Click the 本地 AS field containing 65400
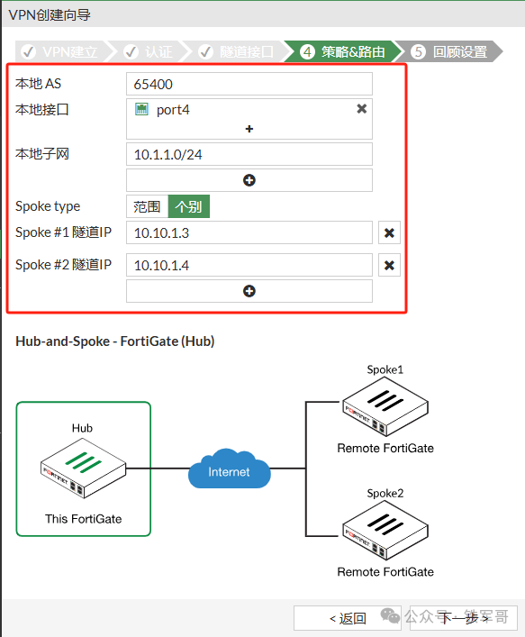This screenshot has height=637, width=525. click(x=249, y=85)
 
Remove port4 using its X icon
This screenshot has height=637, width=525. click(x=361, y=109)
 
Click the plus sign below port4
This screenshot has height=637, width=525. click(x=249, y=129)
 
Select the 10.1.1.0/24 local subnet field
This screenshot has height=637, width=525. click(x=249, y=155)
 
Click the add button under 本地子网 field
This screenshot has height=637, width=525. click(x=249, y=180)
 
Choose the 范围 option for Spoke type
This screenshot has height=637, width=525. click(x=147, y=206)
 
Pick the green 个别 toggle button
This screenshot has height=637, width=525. click(x=188, y=206)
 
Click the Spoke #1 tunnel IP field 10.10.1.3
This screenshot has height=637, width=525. click(x=249, y=232)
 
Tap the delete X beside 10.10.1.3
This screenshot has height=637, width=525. click(x=389, y=232)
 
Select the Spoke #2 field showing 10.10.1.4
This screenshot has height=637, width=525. click(x=249, y=265)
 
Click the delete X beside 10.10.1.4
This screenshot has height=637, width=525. click(x=389, y=265)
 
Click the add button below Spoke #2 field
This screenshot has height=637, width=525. click(x=249, y=291)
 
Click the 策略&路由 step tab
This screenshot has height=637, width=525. click(x=343, y=51)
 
